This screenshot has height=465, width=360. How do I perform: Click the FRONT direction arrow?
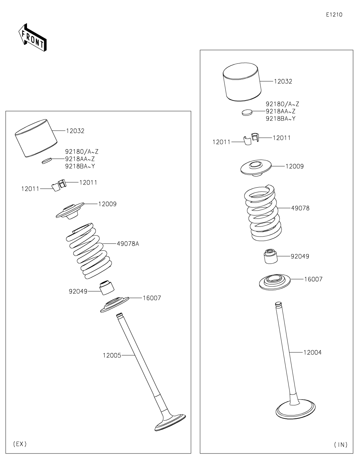32,37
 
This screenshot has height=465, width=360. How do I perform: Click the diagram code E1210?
334,15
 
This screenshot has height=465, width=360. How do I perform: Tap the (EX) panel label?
20,444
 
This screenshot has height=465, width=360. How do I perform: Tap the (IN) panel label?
341,444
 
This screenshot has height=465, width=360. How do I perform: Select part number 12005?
112,355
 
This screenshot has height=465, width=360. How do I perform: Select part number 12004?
312,353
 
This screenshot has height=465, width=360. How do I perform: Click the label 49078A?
128,244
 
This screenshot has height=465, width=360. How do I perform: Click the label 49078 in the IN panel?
300,208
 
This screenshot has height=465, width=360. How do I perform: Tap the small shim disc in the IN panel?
247,112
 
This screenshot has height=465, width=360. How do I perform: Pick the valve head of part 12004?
295,410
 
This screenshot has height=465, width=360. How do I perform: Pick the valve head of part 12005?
170,422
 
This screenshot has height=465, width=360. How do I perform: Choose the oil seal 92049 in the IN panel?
271,257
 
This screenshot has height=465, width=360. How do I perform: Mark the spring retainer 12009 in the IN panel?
256,168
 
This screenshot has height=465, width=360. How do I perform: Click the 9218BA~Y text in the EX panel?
80,166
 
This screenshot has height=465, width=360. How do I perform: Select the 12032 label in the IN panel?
283,82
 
